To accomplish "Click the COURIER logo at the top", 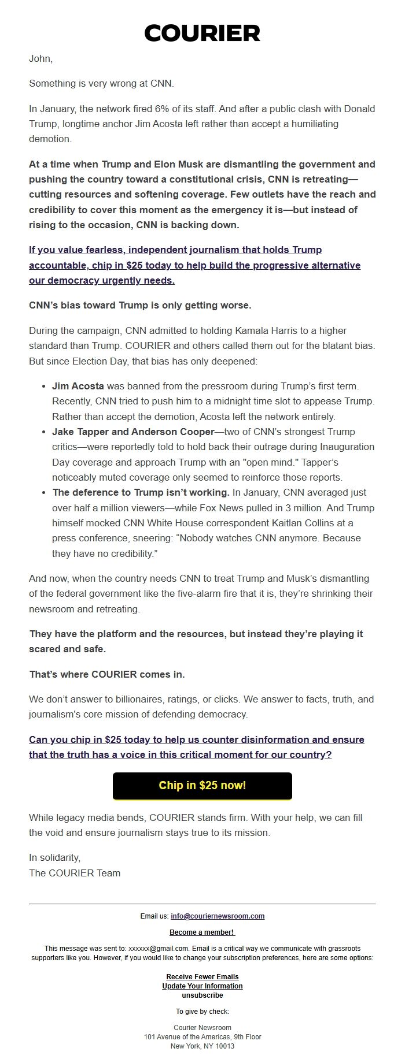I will tap(202, 34).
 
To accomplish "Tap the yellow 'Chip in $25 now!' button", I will tap(202, 785).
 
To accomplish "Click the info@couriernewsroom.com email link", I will tap(218, 916).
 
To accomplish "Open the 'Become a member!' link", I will tap(202, 932).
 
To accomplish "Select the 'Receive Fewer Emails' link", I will tap(202, 976).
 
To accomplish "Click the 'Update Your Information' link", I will tap(202, 986).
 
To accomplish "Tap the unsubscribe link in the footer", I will tap(202, 995).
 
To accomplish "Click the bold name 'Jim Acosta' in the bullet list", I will tap(78, 386).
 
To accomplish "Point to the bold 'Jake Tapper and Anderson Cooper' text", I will tap(131, 432).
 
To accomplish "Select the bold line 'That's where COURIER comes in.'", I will tap(107, 674).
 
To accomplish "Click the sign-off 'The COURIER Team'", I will tap(75, 873).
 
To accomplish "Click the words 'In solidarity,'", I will tap(55, 857).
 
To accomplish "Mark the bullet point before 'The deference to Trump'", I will tap(44, 493).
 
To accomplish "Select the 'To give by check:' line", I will tap(202, 1011).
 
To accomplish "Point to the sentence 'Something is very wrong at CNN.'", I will tap(101, 84).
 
